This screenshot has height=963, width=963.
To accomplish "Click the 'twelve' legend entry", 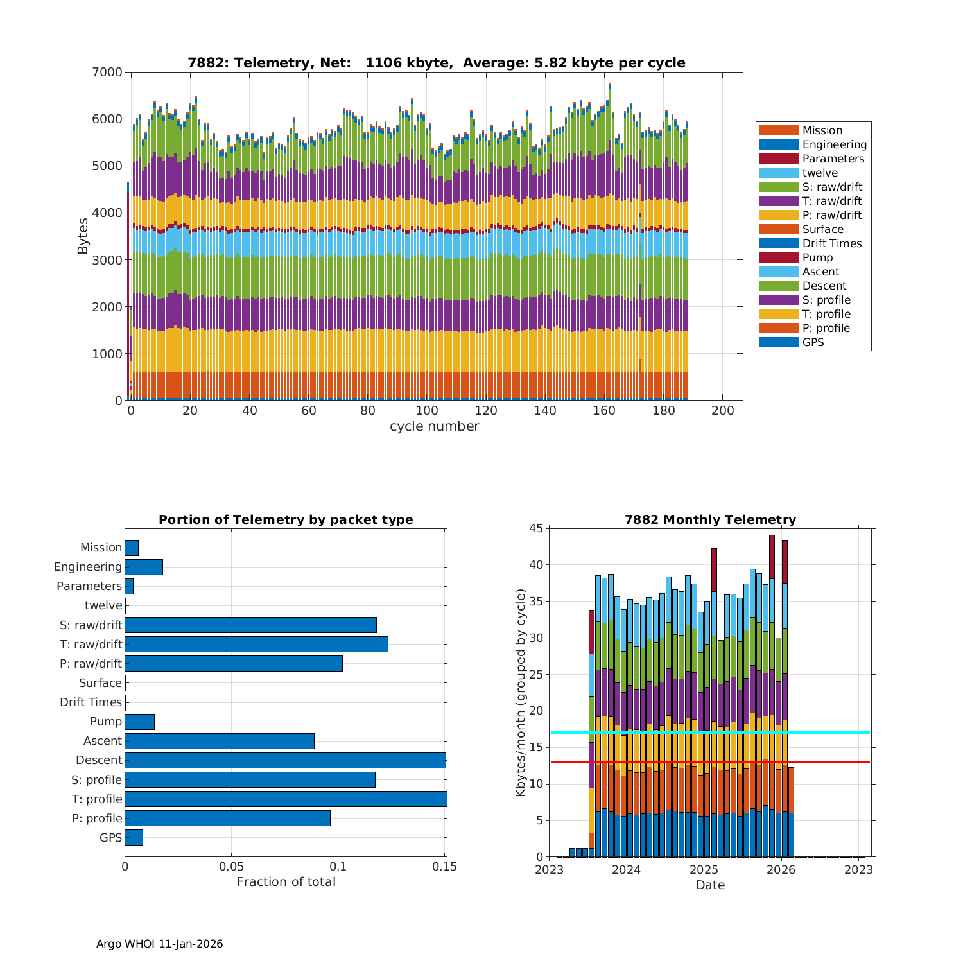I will coord(820,173).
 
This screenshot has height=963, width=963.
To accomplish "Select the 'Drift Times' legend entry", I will coord(831,243).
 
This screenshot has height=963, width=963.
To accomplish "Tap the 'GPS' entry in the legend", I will coord(813,342).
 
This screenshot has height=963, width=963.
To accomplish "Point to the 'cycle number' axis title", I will coord(434,426).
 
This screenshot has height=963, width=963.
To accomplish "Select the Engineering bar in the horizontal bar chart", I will coord(144,567).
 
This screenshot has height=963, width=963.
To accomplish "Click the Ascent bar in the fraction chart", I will coord(220,741).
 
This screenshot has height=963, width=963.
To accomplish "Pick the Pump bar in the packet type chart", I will coord(139,722).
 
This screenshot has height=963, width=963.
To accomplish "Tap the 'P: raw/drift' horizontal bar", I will coord(234,663).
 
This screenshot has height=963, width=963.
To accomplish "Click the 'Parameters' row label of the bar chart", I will coord(89,586).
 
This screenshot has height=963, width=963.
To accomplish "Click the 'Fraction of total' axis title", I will coord(286,882).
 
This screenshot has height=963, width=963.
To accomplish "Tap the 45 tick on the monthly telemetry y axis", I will coord(535,528).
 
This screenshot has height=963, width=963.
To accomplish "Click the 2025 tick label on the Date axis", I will coord(704,870).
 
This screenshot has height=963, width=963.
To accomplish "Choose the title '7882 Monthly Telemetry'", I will coord(710,520).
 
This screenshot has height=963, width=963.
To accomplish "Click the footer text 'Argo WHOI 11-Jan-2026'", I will coord(159,944).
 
